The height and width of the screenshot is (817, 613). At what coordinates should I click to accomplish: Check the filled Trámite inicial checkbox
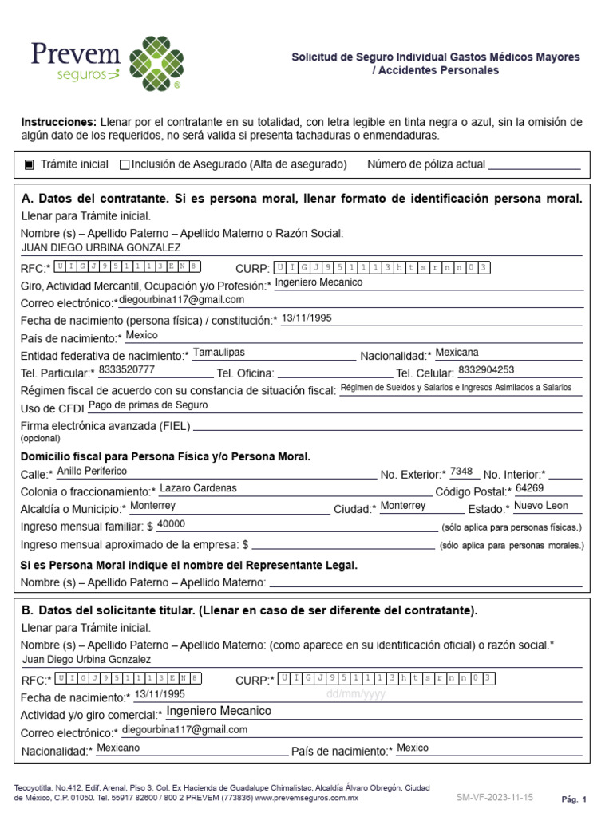(30, 164)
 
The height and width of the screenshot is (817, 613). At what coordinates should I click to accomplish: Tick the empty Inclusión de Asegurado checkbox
(124, 164)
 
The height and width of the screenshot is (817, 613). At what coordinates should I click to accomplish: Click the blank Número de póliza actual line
(533, 165)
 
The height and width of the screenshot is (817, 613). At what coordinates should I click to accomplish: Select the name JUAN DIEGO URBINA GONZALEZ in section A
(101, 247)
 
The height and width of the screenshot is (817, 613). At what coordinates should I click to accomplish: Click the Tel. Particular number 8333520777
(126, 370)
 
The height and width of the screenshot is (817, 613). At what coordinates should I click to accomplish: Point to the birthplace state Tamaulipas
(219, 352)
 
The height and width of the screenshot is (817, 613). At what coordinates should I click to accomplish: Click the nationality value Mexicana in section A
(457, 352)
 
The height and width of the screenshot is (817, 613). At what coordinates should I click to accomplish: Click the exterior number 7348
(461, 471)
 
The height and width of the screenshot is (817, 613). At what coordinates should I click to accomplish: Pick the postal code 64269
(529, 488)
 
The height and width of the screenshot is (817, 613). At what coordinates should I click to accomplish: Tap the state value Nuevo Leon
(541, 506)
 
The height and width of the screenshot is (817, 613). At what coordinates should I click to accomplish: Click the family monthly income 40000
(172, 524)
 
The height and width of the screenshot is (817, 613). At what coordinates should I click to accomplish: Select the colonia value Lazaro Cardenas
(198, 488)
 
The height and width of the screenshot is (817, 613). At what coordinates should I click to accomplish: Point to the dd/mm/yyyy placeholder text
(355, 694)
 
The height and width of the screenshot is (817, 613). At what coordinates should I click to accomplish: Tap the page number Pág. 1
(574, 799)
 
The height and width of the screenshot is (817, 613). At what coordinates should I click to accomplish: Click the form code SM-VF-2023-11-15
(494, 797)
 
